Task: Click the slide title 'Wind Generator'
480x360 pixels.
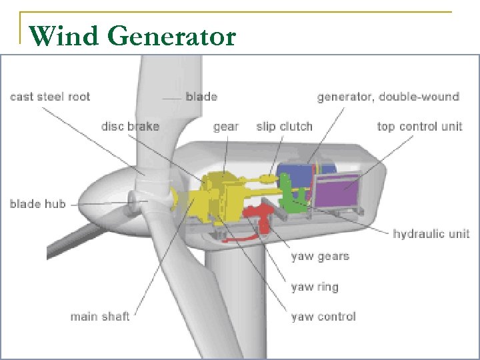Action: (133, 36)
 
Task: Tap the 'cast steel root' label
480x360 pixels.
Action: (50, 97)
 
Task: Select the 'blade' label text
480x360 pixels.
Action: (201, 97)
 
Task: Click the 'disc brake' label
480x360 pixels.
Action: (130, 126)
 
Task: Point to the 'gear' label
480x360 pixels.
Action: (226, 126)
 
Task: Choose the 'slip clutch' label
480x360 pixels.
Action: (284, 126)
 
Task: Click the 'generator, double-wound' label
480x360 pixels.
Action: (388, 97)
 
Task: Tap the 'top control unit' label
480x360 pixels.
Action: (419, 126)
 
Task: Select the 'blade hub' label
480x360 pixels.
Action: (38, 203)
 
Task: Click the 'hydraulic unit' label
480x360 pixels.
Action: (431, 233)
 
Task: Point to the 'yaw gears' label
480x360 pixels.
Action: (320, 256)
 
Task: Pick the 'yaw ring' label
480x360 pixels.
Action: (315, 287)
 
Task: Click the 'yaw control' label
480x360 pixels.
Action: (323, 316)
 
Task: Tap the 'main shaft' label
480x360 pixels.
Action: (100, 316)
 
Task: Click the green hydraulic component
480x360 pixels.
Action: (293, 197)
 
